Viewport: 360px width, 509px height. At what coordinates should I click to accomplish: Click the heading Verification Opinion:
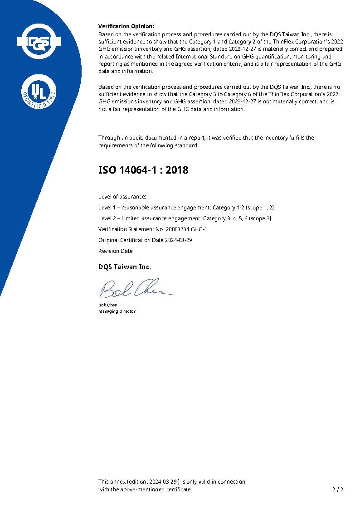(x=126, y=26)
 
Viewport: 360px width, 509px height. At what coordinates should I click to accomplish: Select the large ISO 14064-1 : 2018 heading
(x=143, y=170)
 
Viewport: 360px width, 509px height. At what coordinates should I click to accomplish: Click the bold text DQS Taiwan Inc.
(x=125, y=267)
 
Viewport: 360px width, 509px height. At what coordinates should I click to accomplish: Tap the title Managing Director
(x=117, y=311)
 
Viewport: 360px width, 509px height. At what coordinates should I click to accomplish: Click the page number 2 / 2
(x=338, y=490)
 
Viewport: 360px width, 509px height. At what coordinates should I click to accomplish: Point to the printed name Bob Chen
(x=107, y=305)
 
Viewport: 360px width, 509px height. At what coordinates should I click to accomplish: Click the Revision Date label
(x=116, y=251)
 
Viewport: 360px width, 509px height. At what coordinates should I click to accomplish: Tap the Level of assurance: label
(x=122, y=197)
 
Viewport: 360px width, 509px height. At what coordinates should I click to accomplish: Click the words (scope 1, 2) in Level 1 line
(x=260, y=208)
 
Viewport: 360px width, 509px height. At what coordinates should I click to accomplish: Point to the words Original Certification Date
(x=130, y=240)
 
